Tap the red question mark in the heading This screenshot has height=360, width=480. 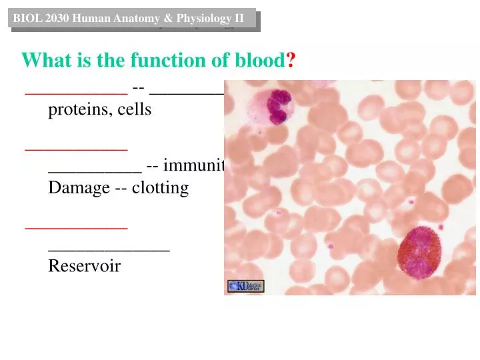291,61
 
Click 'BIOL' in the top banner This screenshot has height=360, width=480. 26,18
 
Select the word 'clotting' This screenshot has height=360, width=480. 161,188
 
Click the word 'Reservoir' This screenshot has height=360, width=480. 84,267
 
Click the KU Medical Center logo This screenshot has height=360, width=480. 245,286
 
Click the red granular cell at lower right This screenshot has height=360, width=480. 424,253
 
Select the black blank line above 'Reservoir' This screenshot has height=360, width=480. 109,249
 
